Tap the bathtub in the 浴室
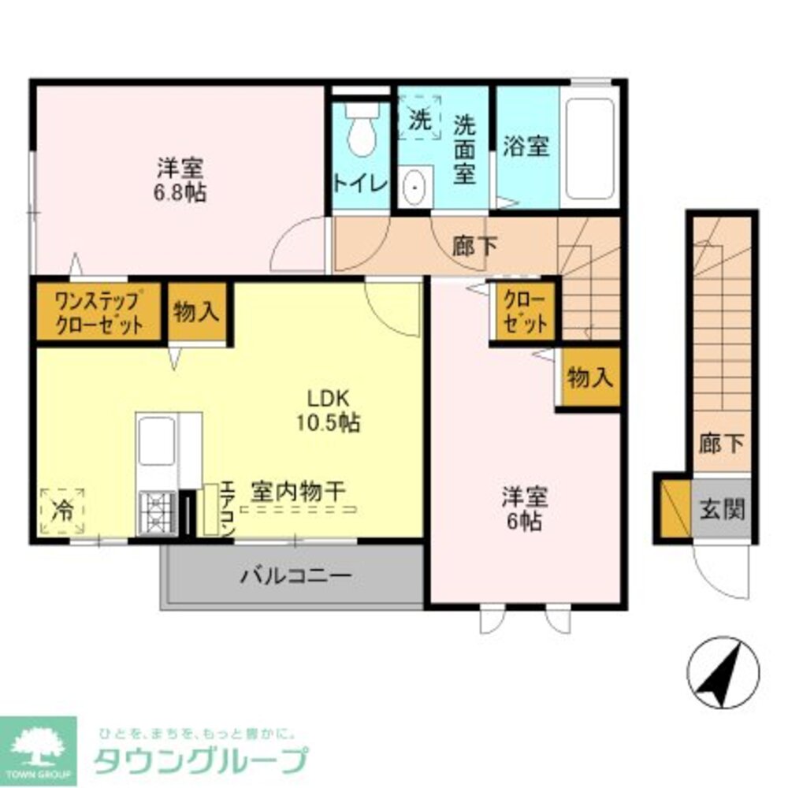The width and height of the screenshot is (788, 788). [589, 150]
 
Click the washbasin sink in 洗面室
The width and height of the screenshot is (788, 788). [414, 188]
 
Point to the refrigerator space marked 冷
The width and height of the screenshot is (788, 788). [61, 511]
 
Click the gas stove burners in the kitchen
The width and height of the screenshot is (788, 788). [157, 512]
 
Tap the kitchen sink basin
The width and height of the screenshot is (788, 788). [156, 441]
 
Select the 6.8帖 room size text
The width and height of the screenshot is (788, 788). [180, 191]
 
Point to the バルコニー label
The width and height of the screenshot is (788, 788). [295, 575]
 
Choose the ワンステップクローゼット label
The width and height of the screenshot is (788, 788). [98, 313]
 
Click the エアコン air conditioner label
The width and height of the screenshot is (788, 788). [227, 509]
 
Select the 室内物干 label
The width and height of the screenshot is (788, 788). [298, 490]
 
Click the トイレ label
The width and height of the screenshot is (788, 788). [361, 184]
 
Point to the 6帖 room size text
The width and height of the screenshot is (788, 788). [525, 521]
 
